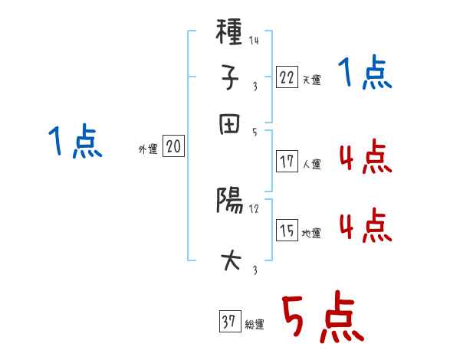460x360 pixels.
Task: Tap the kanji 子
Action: (231, 77)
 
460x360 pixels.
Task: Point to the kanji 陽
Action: (231, 201)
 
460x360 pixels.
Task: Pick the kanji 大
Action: (231, 260)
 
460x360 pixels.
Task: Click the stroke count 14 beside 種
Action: (253, 40)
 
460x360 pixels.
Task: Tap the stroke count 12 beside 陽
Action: (254, 208)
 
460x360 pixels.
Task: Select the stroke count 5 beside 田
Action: (254, 132)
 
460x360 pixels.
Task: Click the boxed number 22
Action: (287, 77)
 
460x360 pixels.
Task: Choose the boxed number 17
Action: (287, 162)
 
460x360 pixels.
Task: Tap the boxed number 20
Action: (172, 147)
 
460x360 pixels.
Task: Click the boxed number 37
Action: (229, 322)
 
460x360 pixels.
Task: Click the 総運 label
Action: (255, 324)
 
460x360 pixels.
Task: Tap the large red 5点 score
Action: (321, 319)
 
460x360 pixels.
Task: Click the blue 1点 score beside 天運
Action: (365, 74)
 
